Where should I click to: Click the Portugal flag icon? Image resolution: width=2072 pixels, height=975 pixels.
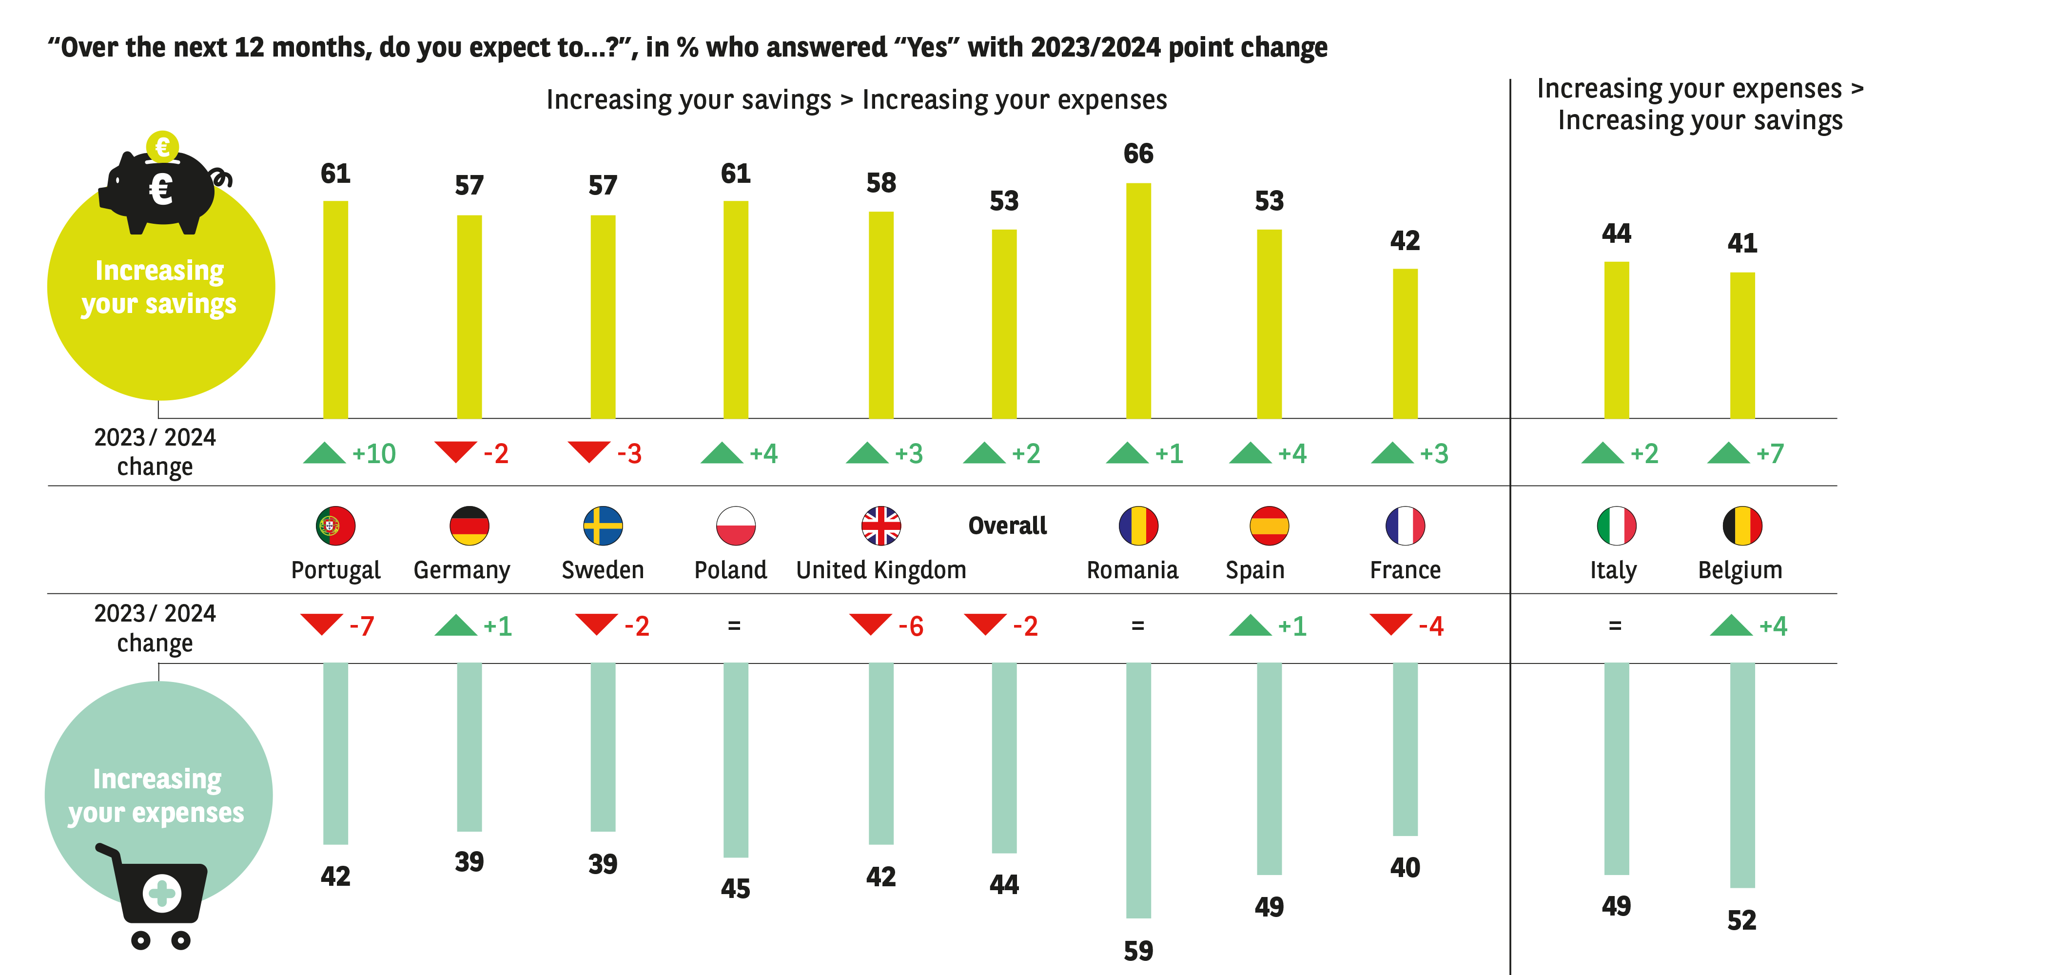(x=335, y=526)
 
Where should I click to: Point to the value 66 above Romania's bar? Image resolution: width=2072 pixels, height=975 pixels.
(x=1138, y=154)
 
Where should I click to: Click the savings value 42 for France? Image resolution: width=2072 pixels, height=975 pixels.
(x=1405, y=240)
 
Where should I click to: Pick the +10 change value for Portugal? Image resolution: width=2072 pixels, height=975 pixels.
(x=374, y=454)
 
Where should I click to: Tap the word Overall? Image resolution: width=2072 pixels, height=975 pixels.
(x=1007, y=526)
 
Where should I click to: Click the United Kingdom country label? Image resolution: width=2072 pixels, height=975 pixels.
(x=881, y=570)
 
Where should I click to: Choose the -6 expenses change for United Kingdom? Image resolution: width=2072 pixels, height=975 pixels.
(x=911, y=626)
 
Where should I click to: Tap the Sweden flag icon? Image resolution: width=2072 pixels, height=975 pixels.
(x=603, y=526)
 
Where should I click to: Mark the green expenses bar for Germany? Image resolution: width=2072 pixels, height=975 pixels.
(x=469, y=746)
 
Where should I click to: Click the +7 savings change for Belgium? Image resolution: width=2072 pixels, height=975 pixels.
(x=1770, y=454)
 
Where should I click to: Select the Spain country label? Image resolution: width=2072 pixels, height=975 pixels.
(x=1255, y=570)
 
